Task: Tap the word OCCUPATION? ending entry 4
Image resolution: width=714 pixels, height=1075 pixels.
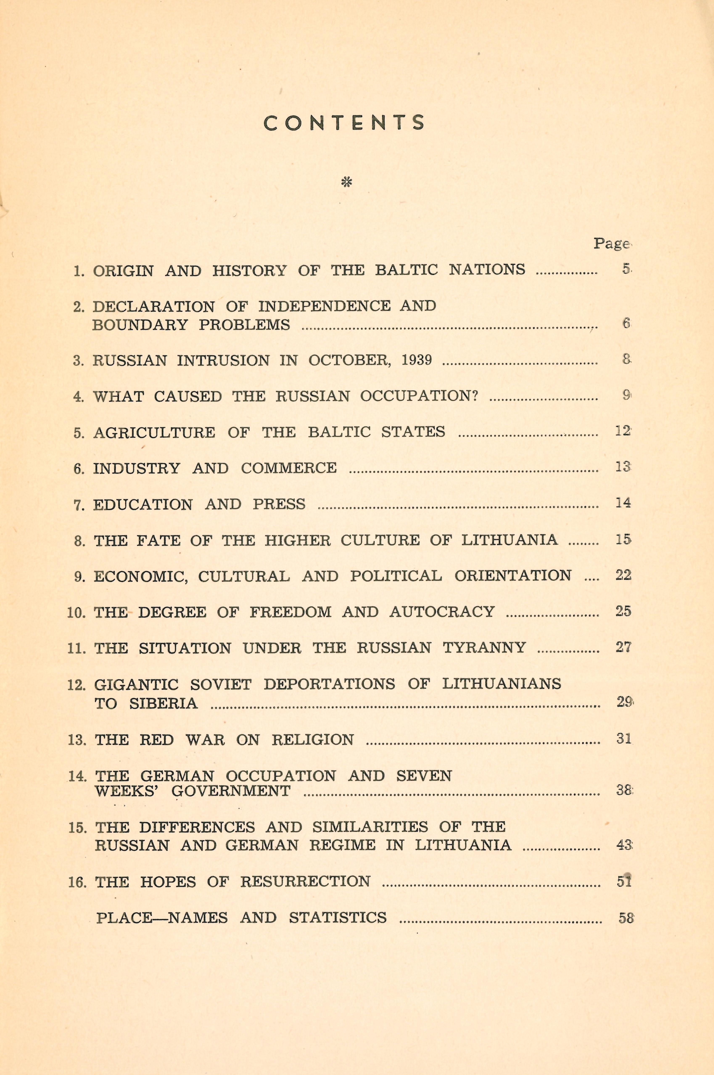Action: (419, 396)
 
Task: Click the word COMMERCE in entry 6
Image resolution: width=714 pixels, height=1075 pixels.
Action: (289, 468)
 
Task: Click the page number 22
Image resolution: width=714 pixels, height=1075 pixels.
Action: (623, 575)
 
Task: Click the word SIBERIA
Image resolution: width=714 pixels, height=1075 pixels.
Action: (164, 704)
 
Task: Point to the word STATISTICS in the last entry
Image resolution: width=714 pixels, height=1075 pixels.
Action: (337, 917)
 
